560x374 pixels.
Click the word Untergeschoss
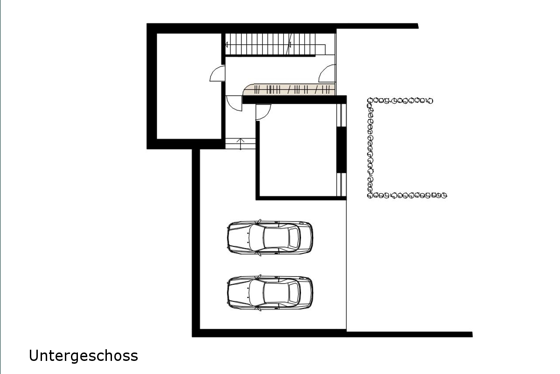84,356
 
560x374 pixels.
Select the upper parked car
270,238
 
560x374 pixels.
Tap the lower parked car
270,293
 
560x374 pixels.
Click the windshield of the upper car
256,238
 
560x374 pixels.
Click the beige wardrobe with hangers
289,89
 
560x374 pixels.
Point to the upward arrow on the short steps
240,144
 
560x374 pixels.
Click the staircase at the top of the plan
275,44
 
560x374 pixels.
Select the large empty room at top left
189,86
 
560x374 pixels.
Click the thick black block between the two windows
341,150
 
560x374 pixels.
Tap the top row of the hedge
400,101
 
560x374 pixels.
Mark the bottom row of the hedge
407,195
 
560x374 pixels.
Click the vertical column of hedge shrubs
370,148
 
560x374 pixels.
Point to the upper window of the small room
341,115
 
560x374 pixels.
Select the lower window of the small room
341,185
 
